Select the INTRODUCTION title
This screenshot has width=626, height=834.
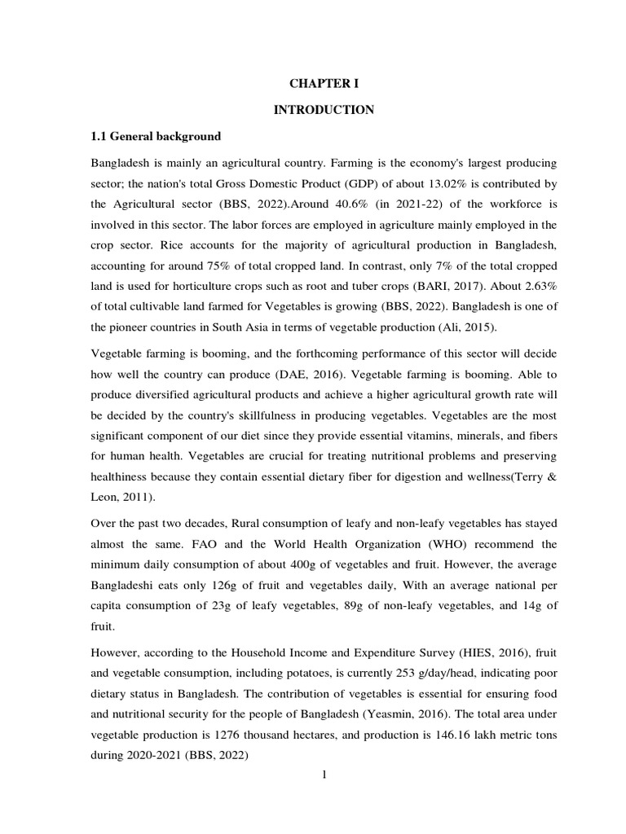tap(324, 110)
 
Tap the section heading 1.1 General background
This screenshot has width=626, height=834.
tap(156, 135)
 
